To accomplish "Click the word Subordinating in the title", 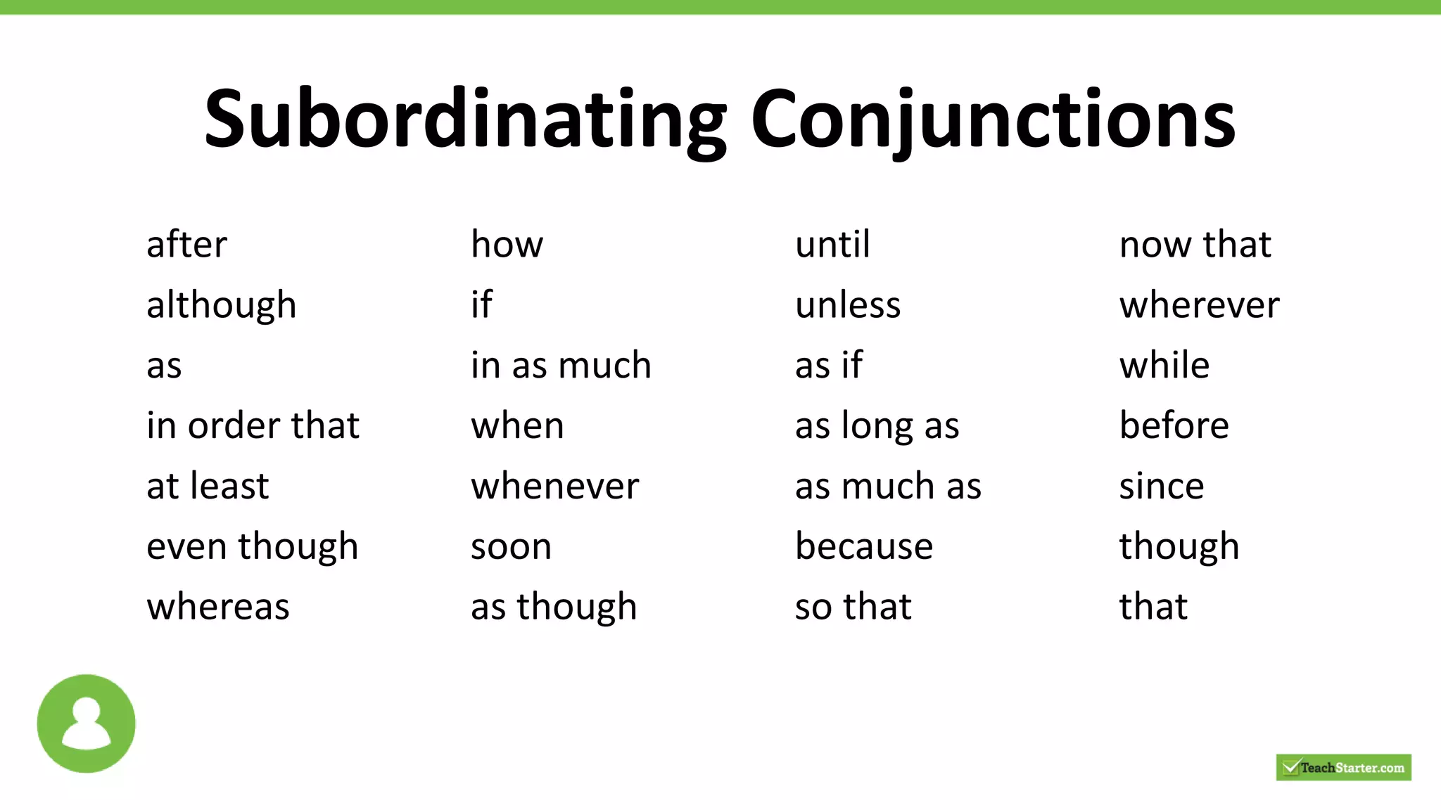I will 464,120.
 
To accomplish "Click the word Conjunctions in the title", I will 993,120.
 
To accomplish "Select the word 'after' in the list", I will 186,245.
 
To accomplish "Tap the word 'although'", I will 221,306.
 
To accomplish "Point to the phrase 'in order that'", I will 253,426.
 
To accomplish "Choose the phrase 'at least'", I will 208,487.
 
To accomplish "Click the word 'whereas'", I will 218,607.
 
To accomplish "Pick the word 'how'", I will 507,245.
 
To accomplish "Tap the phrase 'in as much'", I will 561,366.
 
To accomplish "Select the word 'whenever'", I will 555,487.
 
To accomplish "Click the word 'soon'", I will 511,547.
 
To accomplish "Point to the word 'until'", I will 832,245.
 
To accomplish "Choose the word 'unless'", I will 848,306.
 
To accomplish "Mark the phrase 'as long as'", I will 877,426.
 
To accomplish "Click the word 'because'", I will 864,547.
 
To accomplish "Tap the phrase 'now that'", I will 1195,245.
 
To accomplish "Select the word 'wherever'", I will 1199,306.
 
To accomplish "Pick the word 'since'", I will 1162,487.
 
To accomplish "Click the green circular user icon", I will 86,724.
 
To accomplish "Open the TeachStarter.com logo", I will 1343,767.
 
